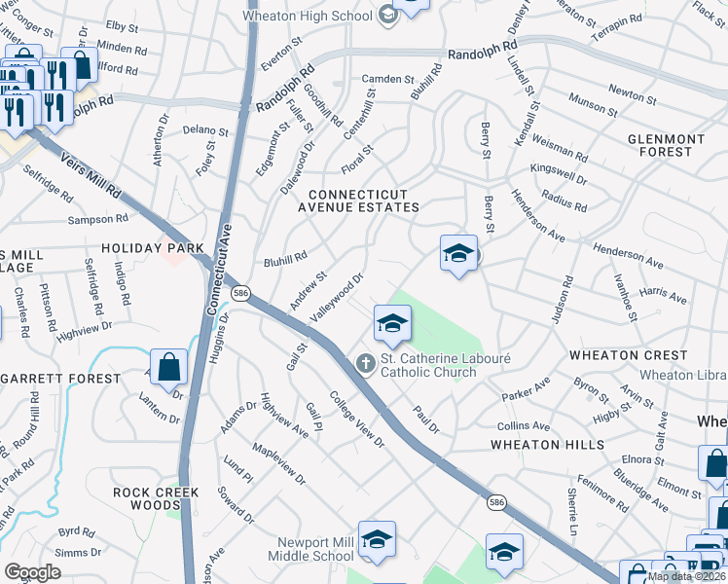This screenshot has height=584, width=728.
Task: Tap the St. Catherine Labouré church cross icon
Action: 365,364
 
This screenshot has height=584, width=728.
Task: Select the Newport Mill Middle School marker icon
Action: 376,540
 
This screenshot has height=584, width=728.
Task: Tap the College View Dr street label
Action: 357,420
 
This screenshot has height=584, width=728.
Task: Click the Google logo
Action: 32,571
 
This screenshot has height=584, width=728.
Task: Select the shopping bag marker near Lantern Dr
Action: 169,368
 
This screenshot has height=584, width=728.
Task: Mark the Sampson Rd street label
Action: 98,220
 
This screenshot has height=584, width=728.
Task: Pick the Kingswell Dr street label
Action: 558,174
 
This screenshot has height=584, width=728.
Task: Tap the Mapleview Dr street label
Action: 277,465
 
